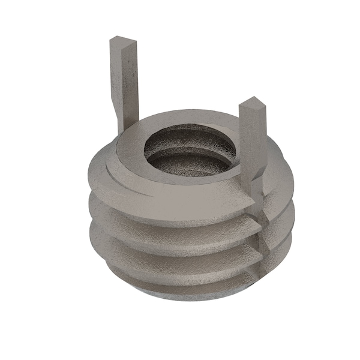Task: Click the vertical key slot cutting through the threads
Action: pos(262,240)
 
